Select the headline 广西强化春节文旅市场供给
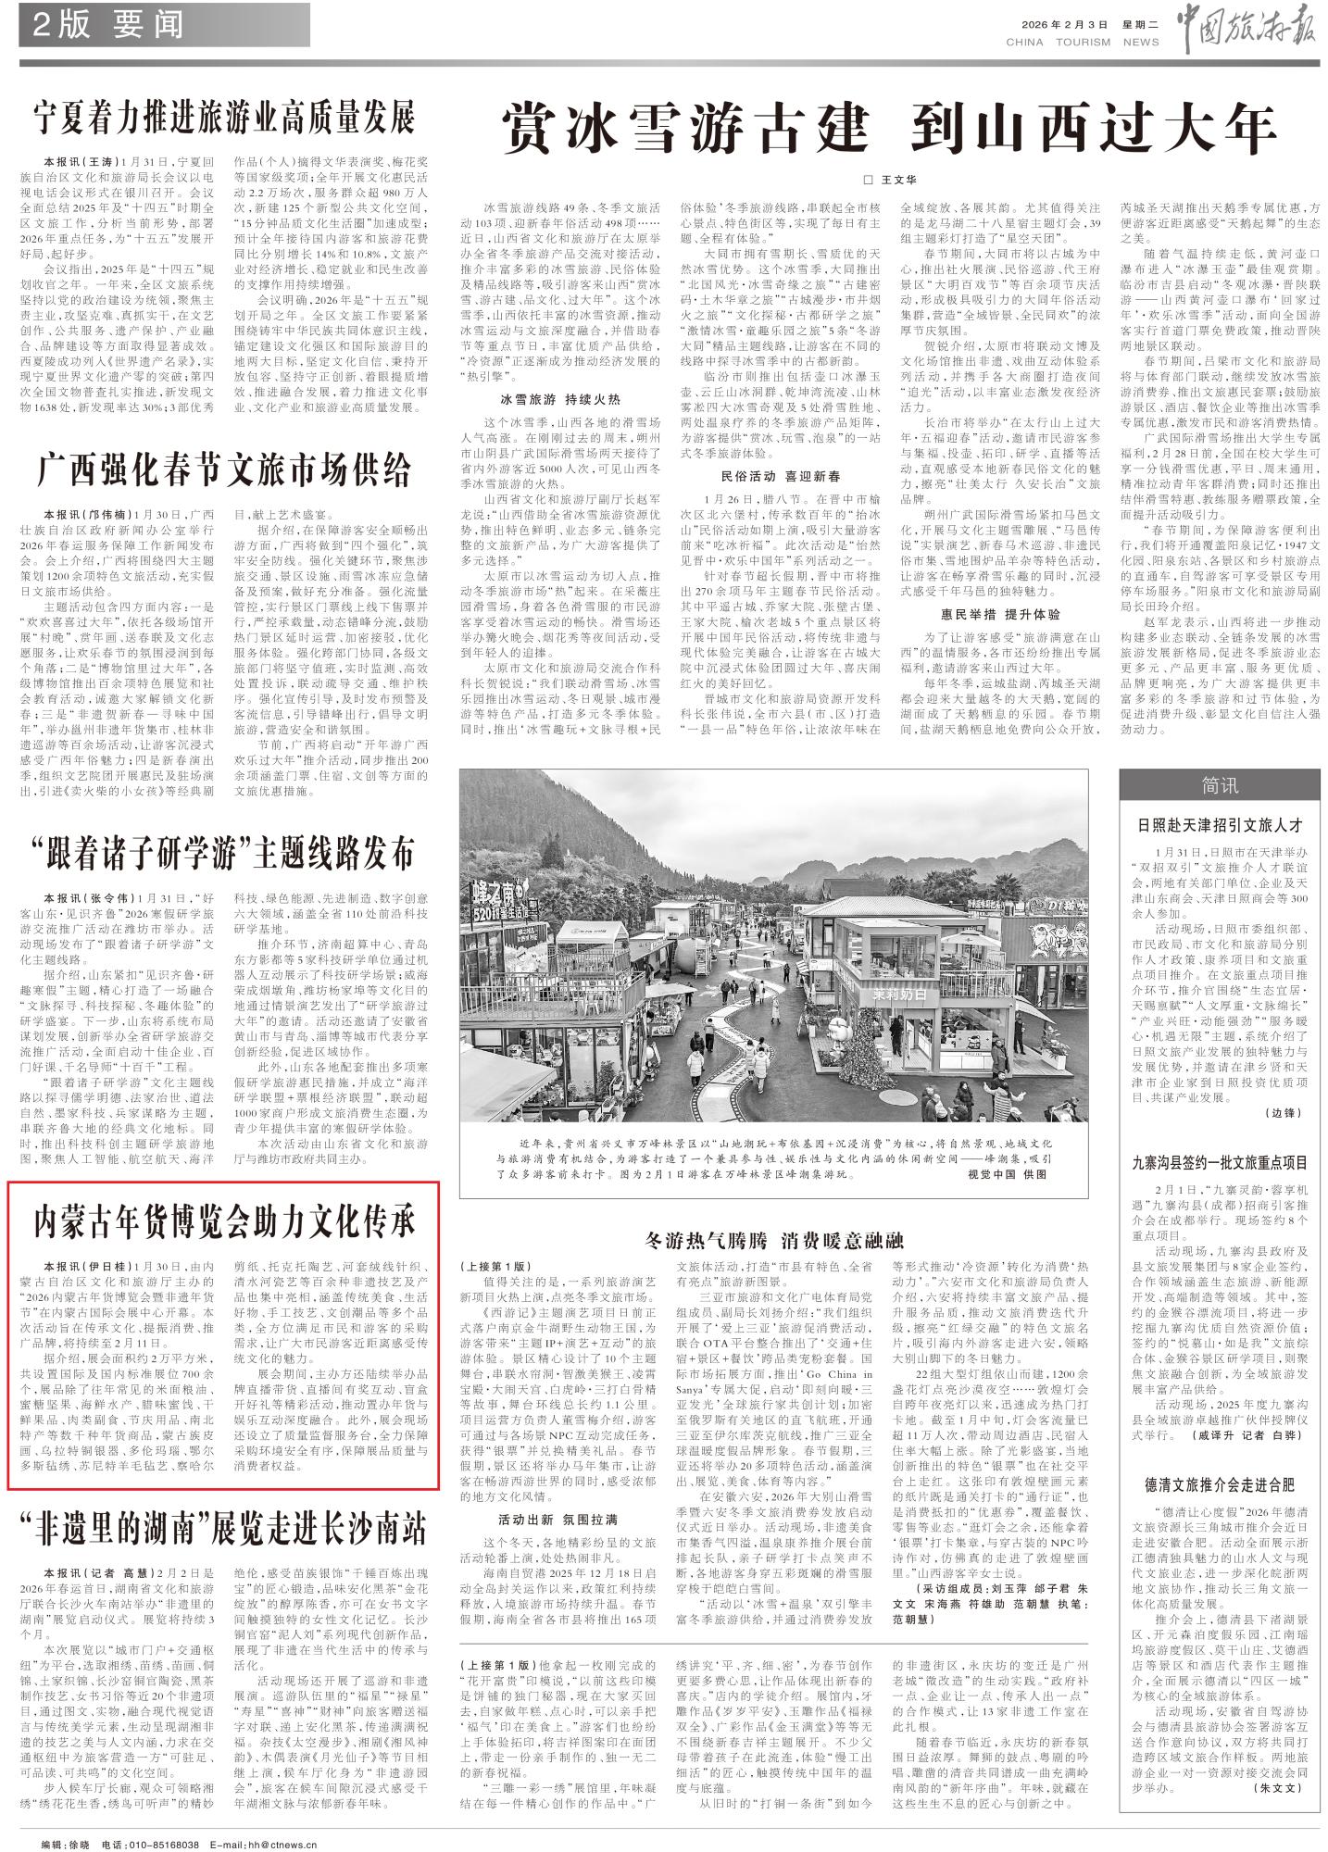click(x=225, y=470)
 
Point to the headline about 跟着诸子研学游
click(x=225, y=853)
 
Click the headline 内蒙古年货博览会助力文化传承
click(x=225, y=1221)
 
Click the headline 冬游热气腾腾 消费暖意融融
click(x=773, y=1240)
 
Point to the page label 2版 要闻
click(x=108, y=25)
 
